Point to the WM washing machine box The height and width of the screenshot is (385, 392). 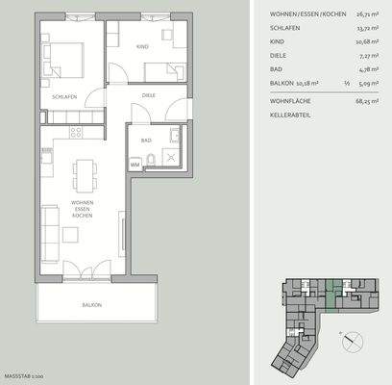[x=135, y=164]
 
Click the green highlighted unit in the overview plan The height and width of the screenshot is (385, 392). [x=332, y=290]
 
